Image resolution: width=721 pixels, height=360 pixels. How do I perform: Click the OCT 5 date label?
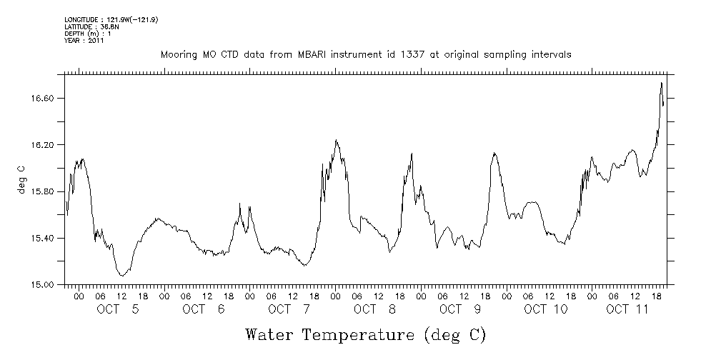point(117,309)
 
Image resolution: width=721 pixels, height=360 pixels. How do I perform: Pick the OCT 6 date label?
point(203,309)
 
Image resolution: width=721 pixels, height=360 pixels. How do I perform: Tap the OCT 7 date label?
point(289,309)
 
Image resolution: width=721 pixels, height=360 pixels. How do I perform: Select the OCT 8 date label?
point(374,309)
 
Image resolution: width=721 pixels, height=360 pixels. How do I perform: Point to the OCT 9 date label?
point(460,309)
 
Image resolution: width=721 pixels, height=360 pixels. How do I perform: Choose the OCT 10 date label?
point(546,309)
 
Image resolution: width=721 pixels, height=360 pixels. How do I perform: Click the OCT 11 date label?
point(628,309)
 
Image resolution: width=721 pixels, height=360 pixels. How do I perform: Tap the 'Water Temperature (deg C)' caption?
point(365,334)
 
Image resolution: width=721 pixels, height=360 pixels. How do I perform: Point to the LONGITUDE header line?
point(111,20)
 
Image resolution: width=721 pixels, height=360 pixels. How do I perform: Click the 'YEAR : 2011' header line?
point(84,41)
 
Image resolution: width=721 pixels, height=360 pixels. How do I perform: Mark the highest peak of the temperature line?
point(661,83)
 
